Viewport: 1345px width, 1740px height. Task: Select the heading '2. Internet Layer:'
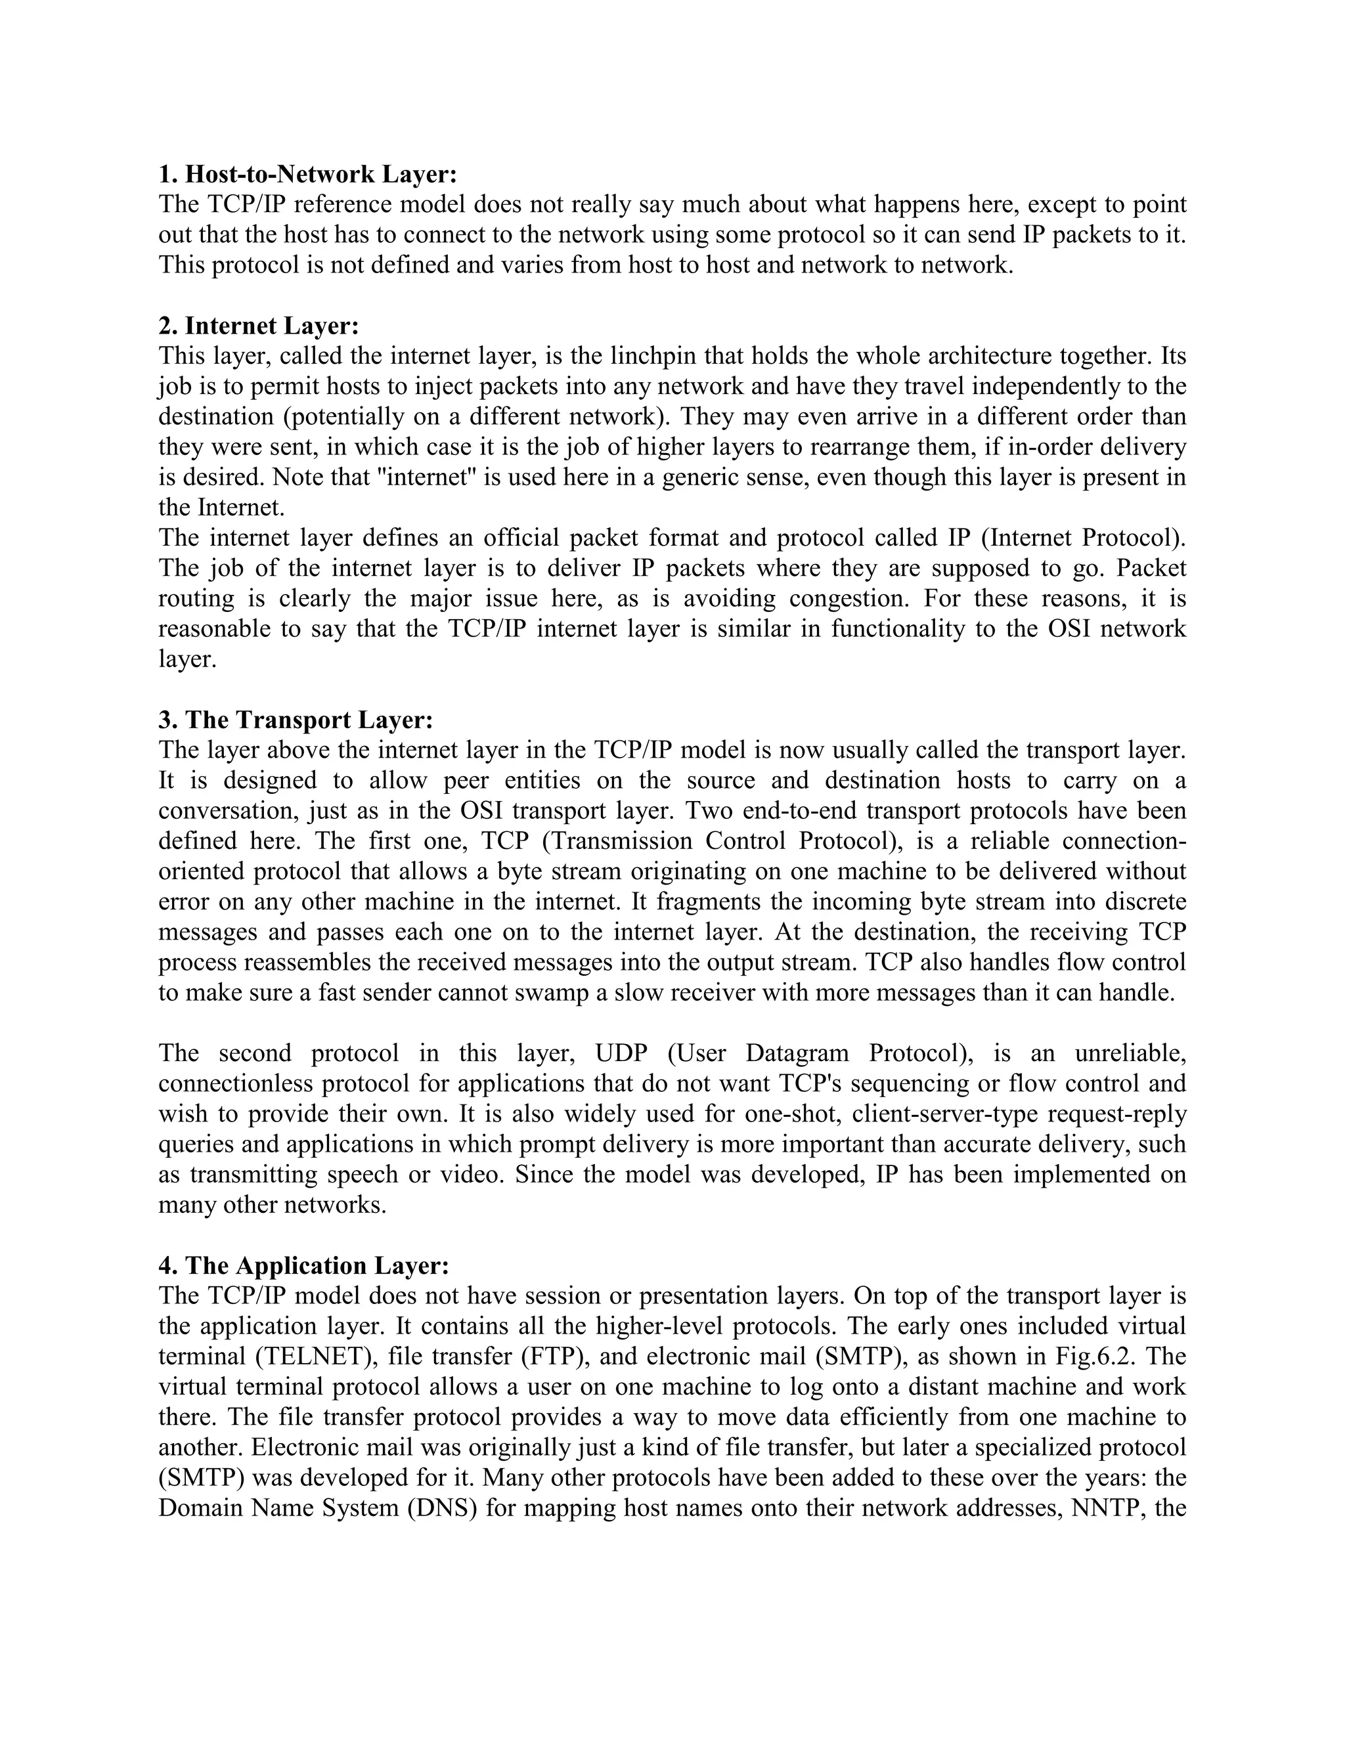pos(259,326)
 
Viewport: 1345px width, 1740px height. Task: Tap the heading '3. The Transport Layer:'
pos(296,720)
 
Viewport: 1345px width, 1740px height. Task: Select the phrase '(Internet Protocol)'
pos(1082,538)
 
